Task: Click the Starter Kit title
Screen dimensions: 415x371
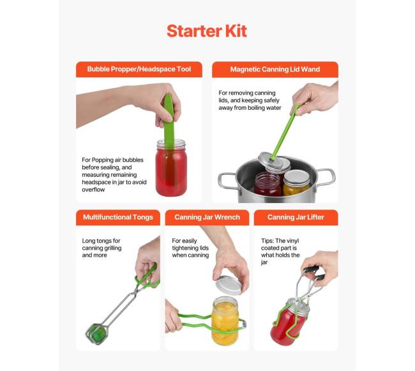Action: pos(207,31)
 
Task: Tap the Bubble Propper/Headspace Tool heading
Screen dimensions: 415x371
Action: pos(139,70)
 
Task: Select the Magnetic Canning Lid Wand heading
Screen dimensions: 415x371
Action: pos(275,70)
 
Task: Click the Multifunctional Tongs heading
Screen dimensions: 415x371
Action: pos(118,217)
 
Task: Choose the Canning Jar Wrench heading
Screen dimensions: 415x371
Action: pos(207,217)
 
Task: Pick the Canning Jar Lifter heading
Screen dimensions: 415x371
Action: pos(296,217)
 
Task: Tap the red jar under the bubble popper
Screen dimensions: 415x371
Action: pos(171,169)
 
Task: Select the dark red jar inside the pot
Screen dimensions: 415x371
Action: pos(268,184)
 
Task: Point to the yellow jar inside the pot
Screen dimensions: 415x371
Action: pos(296,183)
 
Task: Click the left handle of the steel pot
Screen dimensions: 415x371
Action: pos(227,181)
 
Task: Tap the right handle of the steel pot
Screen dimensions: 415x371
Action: pos(325,177)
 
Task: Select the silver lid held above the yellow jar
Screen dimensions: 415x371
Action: pos(229,285)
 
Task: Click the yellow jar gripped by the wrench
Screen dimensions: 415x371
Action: pos(225,321)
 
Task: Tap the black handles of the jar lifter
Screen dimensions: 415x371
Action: pos(314,273)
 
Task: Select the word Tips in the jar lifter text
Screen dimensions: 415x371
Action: pos(268,241)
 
